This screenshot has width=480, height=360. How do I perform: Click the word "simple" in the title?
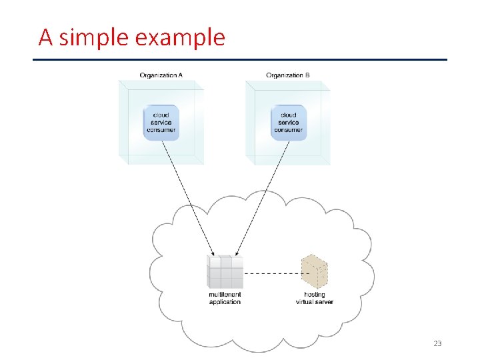coord(94,37)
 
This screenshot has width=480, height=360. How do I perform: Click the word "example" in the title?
coord(180,37)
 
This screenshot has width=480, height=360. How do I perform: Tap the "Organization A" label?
coord(161,75)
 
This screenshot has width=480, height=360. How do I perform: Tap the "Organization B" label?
coord(287,75)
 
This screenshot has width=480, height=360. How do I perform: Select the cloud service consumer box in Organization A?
coord(161,123)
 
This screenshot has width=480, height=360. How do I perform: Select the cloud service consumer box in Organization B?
coord(289,123)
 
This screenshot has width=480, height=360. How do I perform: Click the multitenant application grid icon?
coord(225,272)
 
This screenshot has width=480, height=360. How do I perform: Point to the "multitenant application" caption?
coord(225,298)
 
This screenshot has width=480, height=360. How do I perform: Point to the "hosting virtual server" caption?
coord(315,298)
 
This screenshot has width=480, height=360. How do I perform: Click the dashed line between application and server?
coord(271,273)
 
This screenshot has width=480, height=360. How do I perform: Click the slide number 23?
coord(437,343)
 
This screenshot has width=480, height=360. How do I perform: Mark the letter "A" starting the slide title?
coord(45,37)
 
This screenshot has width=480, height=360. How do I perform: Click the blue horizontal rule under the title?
coord(240,59)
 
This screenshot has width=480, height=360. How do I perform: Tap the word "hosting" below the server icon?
coord(315,295)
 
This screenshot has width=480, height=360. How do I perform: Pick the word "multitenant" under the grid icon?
coord(225,295)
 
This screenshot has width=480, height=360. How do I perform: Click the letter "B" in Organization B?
coord(307,75)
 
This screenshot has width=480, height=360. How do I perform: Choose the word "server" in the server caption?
coord(325,302)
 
